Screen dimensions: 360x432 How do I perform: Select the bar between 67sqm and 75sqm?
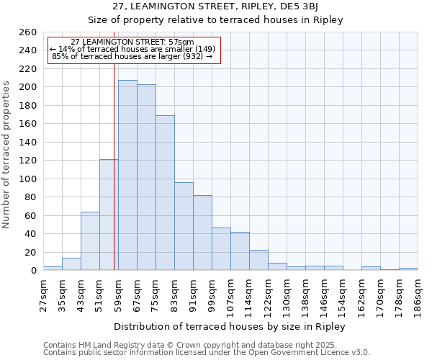(146, 177)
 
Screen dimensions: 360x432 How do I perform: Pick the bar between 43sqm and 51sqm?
(90, 240)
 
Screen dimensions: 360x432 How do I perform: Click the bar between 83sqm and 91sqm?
(184, 226)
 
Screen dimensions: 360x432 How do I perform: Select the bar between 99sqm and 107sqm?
(221, 248)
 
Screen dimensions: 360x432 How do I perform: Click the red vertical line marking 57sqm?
(114, 166)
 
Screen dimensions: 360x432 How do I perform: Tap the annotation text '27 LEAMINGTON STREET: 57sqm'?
(132, 42)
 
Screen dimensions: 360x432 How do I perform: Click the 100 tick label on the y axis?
(28, 179)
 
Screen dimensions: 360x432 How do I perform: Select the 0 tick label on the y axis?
(33, 271)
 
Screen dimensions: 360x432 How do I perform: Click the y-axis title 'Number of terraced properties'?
(6, 155)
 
